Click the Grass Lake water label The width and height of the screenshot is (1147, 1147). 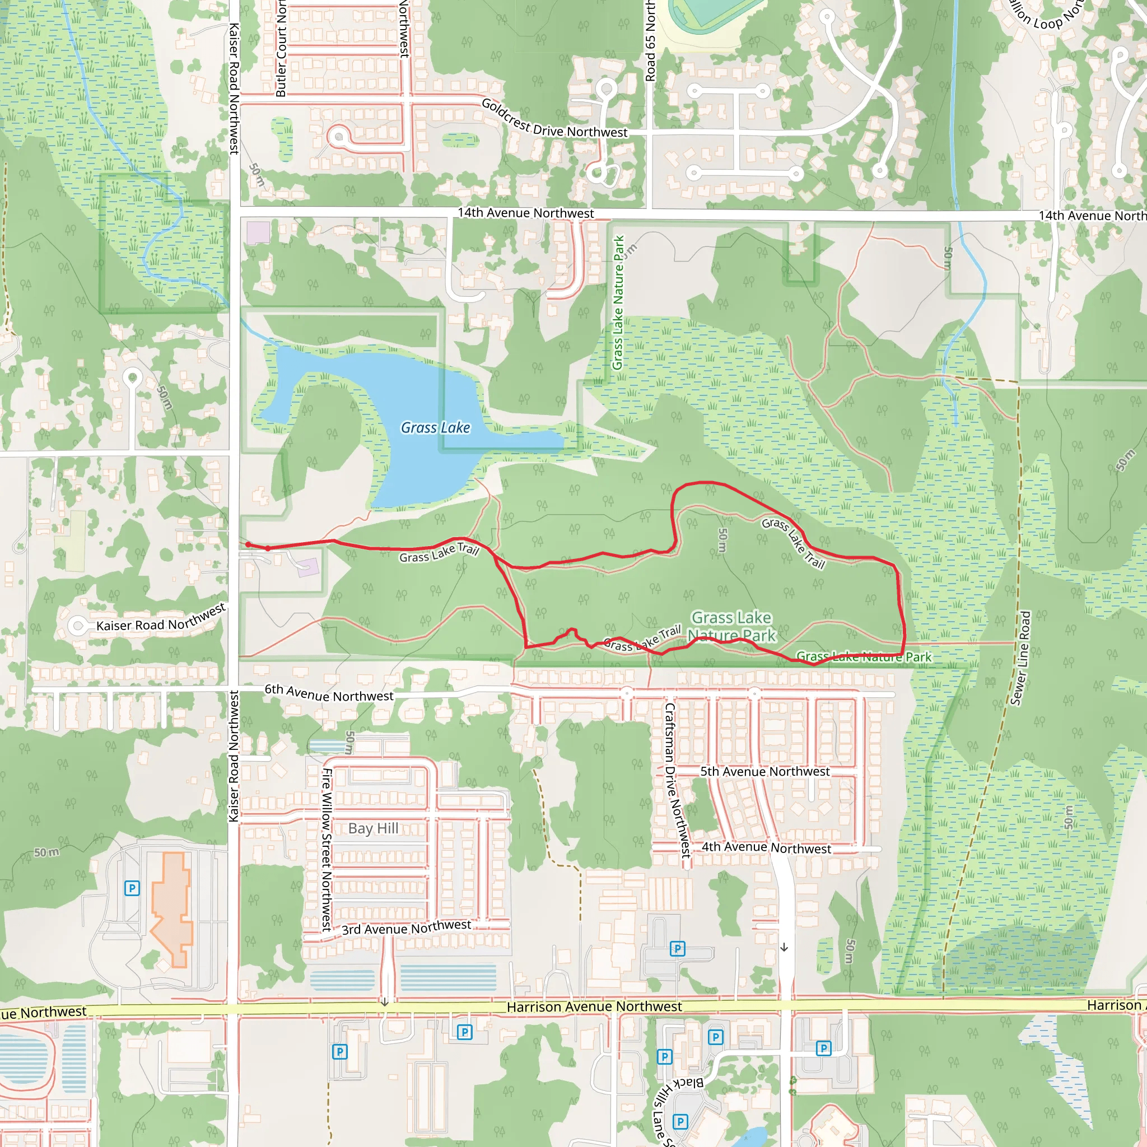click(x=435, y=427)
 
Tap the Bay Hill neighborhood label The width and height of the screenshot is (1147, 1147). click(x=373, y=828)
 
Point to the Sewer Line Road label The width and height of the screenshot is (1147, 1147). click(x=1020, y=658)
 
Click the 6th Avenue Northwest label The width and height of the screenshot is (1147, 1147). click(x=329, y=693)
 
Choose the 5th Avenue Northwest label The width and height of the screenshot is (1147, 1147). click(x=764, y=771)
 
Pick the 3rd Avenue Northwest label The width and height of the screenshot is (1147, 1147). click(x=406, y=927)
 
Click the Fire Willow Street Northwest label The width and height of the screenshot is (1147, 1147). click(x=326, y=849)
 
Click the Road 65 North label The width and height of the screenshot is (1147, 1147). click(x=650, y=41)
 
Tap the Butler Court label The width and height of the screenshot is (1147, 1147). click(x=281, y=50)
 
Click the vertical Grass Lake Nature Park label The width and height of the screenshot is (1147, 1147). click(x=618, y=302)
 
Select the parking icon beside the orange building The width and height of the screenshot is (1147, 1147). click(x=132, y=888)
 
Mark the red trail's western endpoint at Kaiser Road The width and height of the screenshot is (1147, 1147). click(x=248, y=544)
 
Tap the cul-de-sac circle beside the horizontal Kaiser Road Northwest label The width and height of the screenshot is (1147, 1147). click(x=77, y=625)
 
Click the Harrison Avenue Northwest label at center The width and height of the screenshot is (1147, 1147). click(x=594, y=1006)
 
